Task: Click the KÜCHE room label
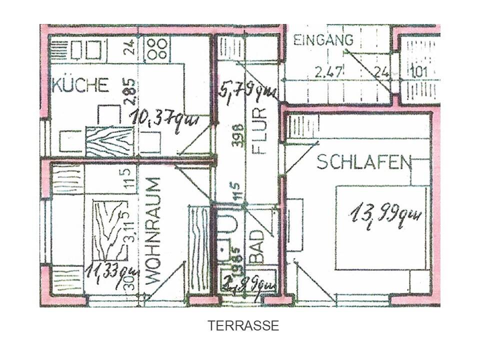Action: (x=80, y=85)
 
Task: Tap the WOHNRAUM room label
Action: (x=154, y=231)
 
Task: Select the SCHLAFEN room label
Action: (x=363, y=162)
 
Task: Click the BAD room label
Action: (x=256, y=246)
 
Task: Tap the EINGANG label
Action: (x=323, y=40)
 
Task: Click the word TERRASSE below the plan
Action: (x=243, y=326)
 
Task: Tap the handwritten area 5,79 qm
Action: (x=247, y=91)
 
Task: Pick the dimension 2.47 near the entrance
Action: (x=329, y=72)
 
